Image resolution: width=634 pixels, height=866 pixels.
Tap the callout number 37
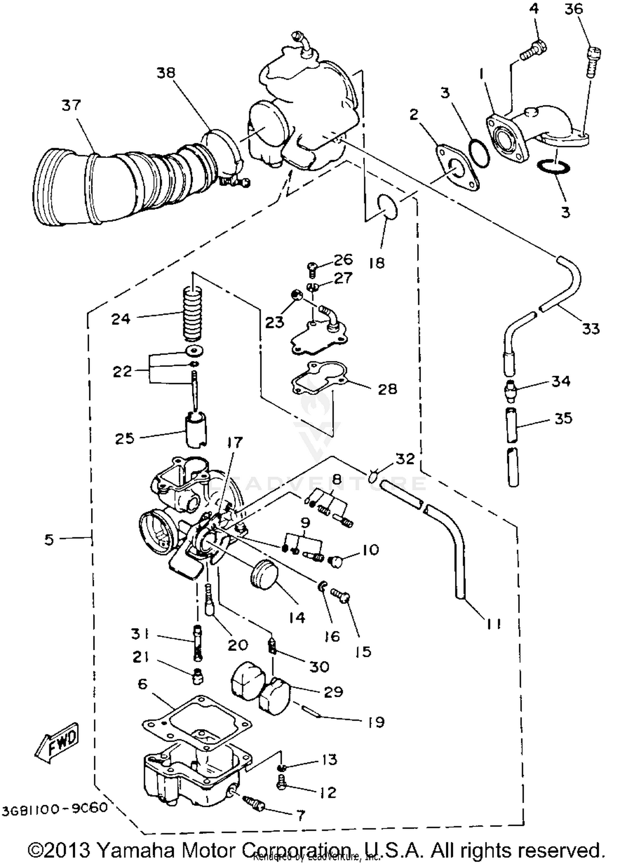click(71, 105)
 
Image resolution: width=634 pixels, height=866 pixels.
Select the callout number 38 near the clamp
click(166, 73)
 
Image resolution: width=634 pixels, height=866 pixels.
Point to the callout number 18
click(377, 263)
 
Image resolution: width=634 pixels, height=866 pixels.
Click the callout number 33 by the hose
click(590, 328)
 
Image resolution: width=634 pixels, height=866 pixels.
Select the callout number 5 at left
click(49, 539)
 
